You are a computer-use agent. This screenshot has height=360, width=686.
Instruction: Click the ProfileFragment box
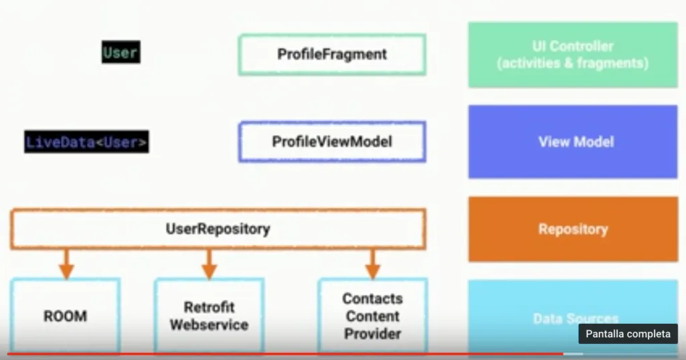[332, 54]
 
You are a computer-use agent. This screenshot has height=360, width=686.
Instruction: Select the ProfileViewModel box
[332, 142]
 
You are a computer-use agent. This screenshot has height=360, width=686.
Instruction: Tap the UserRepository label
[218, 229]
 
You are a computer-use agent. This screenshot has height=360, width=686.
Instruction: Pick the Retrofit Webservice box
[208, 316]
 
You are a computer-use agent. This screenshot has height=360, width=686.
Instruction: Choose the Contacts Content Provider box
[372, 316]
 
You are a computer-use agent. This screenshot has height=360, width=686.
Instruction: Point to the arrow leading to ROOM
[66, 264]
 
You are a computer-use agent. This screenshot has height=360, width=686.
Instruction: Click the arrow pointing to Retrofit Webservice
[209, 264]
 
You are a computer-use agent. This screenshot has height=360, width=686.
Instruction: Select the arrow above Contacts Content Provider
[373, 264]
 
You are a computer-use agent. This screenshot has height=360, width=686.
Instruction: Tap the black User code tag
[121, 53]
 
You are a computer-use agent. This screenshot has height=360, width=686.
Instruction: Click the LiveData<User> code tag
[86, 142]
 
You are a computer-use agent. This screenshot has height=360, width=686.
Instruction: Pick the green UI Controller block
[572, 55]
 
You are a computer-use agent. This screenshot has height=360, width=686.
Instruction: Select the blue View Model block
[572, 142]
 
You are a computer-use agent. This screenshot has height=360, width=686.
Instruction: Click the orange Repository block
[572, 229]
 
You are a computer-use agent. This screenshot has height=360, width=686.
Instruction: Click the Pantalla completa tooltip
[628, 334]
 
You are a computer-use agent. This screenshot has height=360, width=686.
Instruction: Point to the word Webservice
[208, 325]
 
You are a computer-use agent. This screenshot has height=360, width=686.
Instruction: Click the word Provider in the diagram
[372, 333]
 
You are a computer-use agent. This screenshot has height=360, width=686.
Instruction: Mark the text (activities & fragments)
[572, 64]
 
